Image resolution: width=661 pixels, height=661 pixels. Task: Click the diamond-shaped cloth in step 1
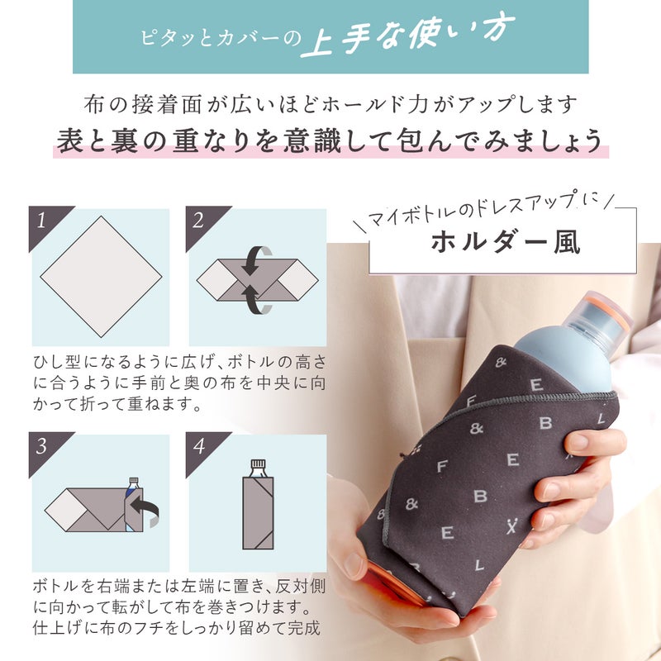[101, 277]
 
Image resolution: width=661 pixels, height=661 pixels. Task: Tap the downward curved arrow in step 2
[254, 260]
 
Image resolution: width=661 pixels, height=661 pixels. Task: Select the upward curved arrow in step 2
[255, 300]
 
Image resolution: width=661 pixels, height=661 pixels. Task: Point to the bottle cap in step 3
[134, 480]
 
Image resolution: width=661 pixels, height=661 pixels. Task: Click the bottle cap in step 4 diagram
[258, 463]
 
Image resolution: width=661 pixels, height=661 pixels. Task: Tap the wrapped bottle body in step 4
[258, 512]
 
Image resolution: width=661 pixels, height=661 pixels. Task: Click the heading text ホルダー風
[506, 242]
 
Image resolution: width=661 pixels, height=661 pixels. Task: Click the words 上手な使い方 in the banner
[407, 35]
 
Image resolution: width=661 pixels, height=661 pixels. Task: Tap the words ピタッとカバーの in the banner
[221, 38]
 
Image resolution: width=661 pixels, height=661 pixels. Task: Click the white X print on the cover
[511, 527]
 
